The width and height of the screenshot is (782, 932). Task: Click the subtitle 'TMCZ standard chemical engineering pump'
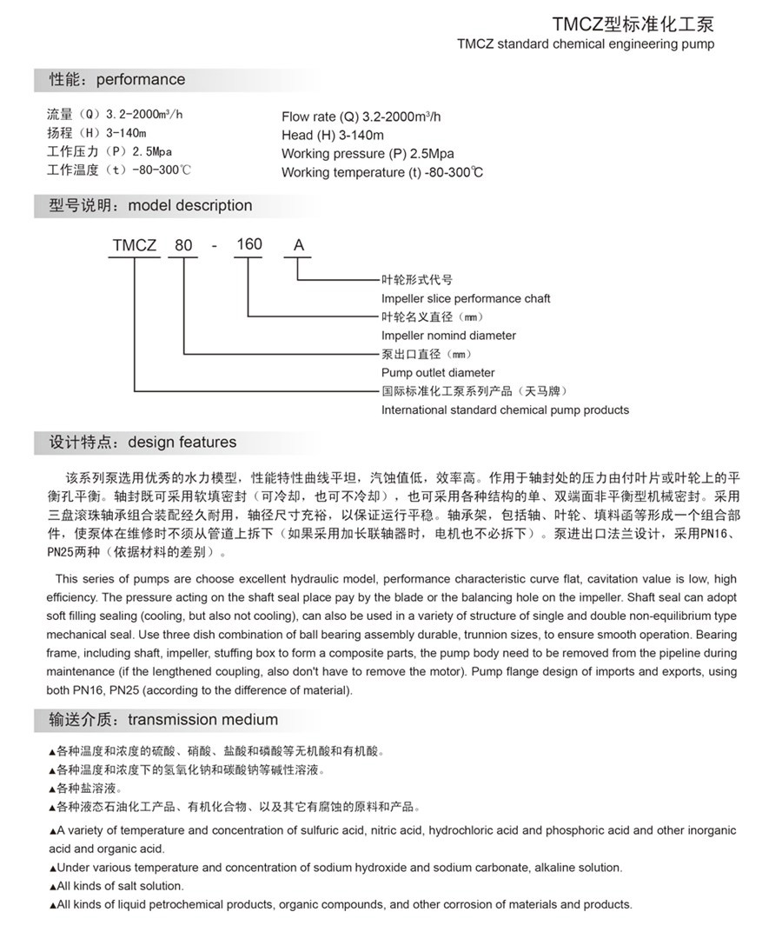point(585,43)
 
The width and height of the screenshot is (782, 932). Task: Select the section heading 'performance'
point(140,80)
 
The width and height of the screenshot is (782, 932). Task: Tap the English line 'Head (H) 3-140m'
point(332,135)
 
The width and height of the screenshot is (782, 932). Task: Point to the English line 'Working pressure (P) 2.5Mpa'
point(368,154)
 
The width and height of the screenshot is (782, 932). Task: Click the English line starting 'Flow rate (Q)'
point(361,116)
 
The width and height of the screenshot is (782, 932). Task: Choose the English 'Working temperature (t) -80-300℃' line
point(382,172)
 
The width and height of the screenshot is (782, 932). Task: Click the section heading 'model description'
point(189,206)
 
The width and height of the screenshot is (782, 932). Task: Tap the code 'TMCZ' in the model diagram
point(134,246)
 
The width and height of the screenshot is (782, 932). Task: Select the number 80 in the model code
point(183,246)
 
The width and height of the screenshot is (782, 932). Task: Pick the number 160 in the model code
point(249,244)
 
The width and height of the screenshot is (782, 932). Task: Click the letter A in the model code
point(298,246)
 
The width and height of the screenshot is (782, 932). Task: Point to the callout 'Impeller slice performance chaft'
point(466,298)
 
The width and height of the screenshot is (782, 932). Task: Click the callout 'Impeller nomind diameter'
point(448,336)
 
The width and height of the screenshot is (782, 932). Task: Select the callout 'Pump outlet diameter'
point(438,373)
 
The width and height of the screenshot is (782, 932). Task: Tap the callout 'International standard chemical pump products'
point(505,410)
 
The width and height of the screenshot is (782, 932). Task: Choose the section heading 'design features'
point(182,443)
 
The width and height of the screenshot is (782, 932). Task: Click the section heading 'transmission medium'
point(202,720)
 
